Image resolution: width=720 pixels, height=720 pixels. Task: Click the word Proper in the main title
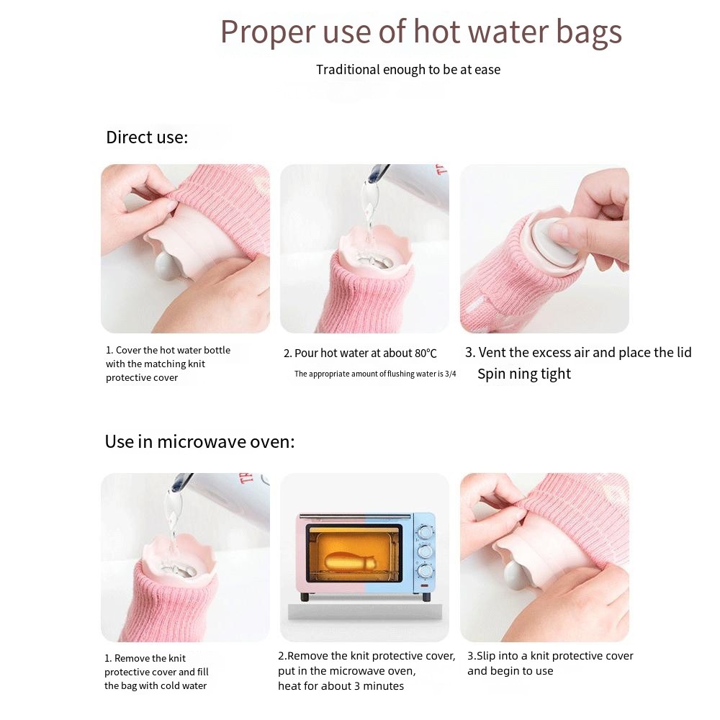[258, 32]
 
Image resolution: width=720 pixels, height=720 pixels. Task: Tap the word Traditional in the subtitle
[348, 70]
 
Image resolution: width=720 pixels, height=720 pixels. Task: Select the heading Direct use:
[147, 138]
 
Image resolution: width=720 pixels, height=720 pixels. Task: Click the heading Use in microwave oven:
[199, 441]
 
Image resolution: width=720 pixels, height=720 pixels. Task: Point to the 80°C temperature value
[426, 354]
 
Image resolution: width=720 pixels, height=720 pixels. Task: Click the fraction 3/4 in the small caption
[450, 374]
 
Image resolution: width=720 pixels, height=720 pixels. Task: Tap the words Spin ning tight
[523, 374]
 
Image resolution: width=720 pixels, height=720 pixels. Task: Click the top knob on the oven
[425, 534]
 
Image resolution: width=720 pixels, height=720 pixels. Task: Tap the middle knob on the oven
[425, 552]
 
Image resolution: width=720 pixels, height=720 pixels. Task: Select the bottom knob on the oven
[425, 571]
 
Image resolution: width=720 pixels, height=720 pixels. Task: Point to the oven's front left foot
[305, 596]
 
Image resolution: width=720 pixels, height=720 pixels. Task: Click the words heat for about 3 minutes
[341, 685]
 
